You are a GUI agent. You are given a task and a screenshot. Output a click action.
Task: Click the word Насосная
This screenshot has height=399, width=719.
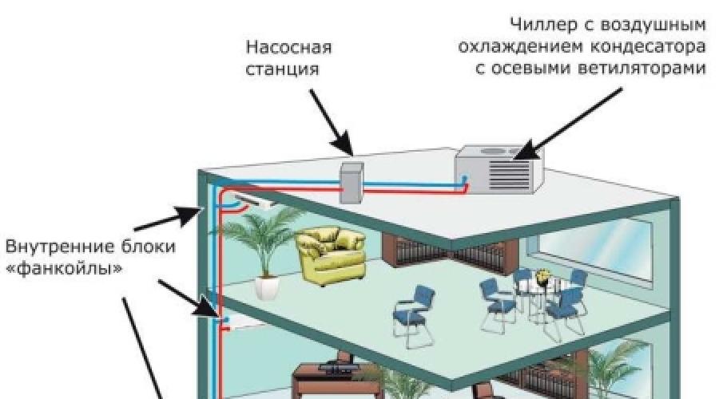click(x=288, y=48)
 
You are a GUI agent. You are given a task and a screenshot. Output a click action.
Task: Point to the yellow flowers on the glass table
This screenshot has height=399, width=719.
click(x=544, y=277)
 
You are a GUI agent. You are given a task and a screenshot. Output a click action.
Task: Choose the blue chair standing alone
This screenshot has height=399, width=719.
click(x=413, y=314)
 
